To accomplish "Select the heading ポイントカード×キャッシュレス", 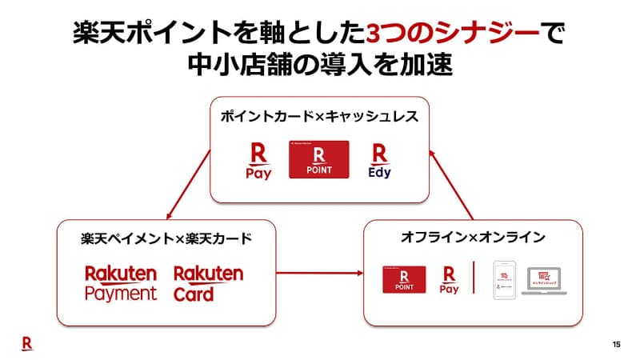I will (x=319, y=117).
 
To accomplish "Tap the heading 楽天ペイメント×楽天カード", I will (x=166, y=238).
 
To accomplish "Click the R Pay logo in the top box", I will (x=258, y=161).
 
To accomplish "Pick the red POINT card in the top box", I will (x=318, y=160).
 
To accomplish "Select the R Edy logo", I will (x=379, y=161).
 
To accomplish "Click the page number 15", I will (x=616, y=344).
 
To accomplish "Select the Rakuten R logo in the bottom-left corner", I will (x=26, y=342).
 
